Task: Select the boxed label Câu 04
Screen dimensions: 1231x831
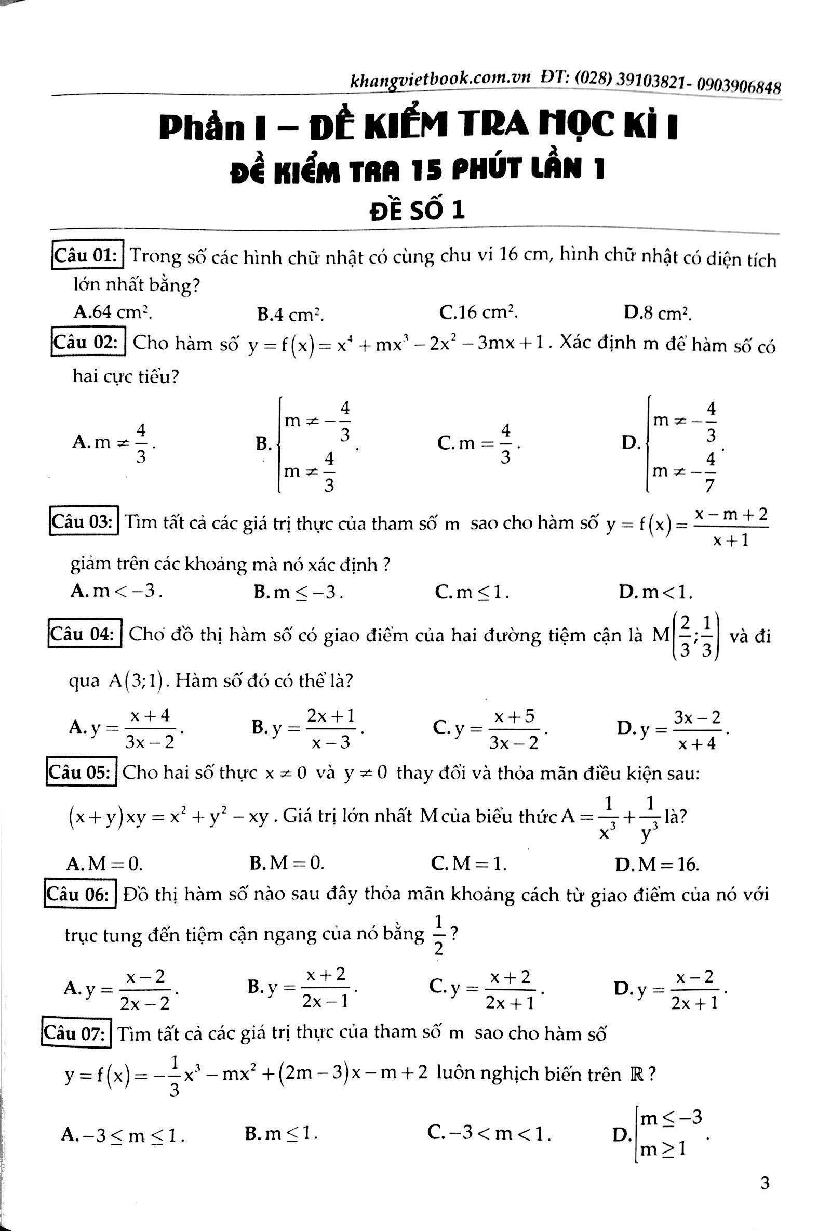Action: tap(85, 634)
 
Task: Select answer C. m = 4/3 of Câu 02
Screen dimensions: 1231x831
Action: tap(479, 442)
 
